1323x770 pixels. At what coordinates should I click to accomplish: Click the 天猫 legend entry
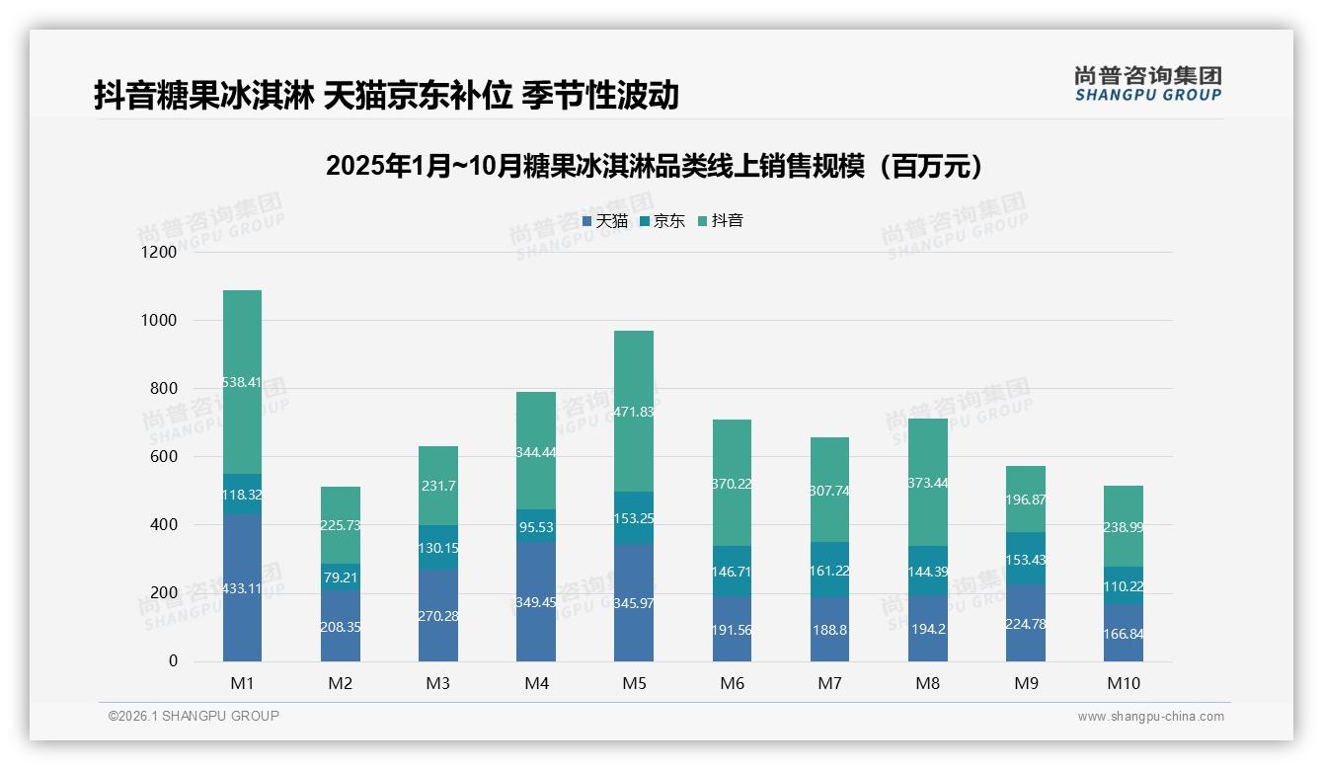tap(604, 221)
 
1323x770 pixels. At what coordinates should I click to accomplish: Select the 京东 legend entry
tap(662, 221)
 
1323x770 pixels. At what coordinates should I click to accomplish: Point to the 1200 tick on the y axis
tap(158, 253)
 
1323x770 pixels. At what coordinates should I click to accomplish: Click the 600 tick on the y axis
tap(164, 457)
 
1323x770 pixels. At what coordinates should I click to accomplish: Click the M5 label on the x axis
tap(633, 683)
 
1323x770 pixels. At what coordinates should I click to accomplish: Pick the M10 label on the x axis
tap(1123, 683)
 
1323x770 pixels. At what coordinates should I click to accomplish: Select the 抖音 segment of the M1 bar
tap(242, 382)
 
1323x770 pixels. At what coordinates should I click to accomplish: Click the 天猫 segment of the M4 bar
tap(535, 601)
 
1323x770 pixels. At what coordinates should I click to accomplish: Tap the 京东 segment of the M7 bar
tap(828, 570)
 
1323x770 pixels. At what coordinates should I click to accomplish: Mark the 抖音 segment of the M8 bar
tap(926, 482)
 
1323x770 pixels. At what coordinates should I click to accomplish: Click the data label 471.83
tap(633, 412)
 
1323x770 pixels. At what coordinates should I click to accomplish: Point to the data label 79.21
tap(340, 577)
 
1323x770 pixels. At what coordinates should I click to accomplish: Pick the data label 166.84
tap(1123, 634)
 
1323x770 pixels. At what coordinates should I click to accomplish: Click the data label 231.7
tap(437, 486)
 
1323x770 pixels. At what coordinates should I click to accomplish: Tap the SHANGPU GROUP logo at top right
tap(1147, 84)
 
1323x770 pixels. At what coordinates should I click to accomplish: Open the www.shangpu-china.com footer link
tap(1150, 717)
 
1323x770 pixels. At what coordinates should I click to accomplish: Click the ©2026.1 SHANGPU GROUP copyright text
tap(194, 716)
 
